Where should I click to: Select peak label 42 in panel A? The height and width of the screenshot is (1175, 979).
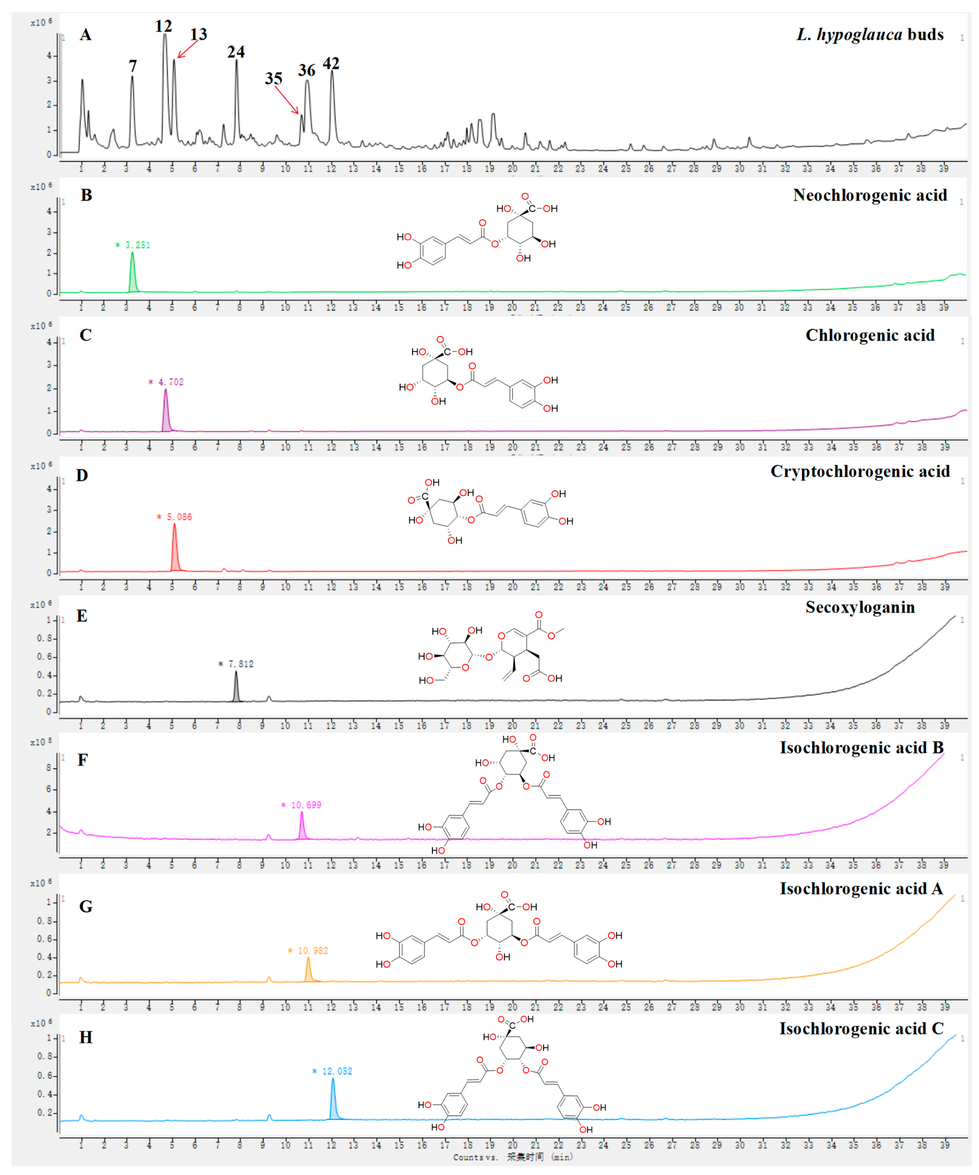[x=331, y=64]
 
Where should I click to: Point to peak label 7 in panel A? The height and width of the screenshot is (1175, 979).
[x=133, y=66]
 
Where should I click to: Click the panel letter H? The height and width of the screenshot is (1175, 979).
[x=86, y=1037]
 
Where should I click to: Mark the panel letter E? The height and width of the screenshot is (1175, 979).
[x=82, y=616]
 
